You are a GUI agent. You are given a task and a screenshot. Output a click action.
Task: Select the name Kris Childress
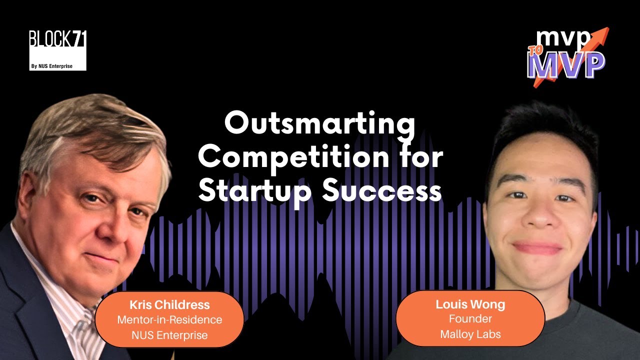tap(169, 304)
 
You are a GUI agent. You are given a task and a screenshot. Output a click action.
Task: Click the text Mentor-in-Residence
tap(169, 319)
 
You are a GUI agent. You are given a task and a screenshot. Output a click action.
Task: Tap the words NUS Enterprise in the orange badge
tap(169, 335)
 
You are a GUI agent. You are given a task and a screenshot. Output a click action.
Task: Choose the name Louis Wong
tap(470, 304)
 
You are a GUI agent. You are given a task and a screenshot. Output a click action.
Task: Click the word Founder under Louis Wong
tap(470, 318)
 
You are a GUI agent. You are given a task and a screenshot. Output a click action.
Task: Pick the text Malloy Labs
tap(470, 334)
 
